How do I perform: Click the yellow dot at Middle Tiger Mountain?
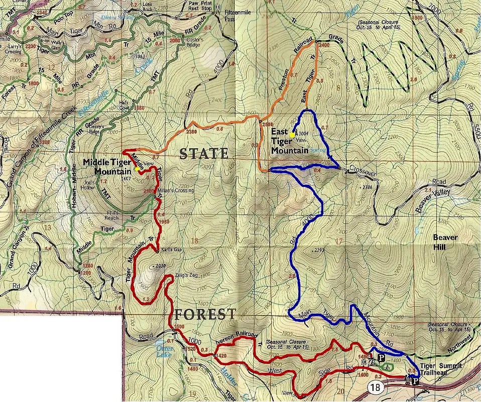[x=137, y=169]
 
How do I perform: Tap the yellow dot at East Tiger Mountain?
[x=292, y=135]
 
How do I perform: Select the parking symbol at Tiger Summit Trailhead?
[x=415, y=382]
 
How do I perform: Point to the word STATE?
[x=204, y=154]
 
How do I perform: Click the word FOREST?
[x=205, y=315]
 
